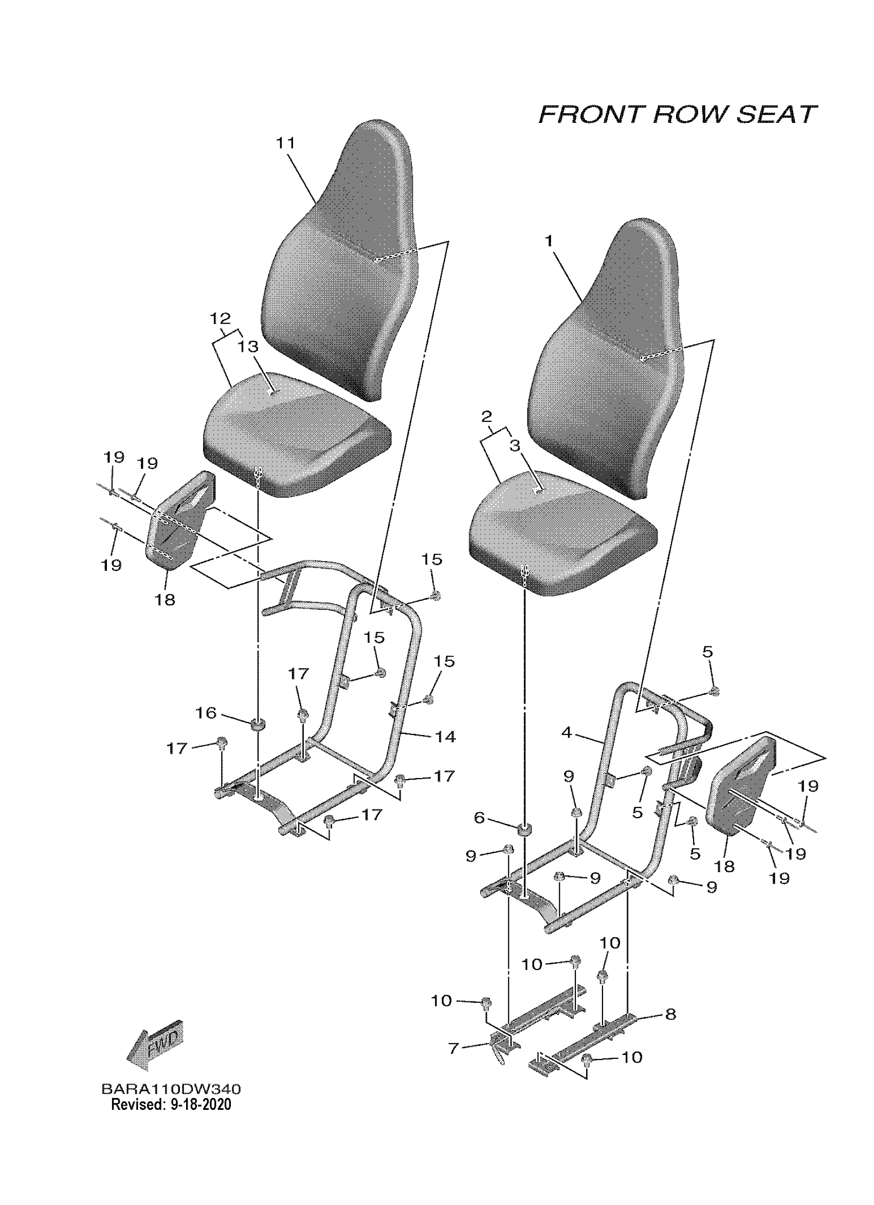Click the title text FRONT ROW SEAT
pyautogui.click(x=678, y=115)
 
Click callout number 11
pyautogui.click(x=286, y=143)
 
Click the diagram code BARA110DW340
pyautogui.click(x=171, y=1089)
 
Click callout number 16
pyautogui.click(x=207, y=712)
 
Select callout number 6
pyautogui.click(x=479, y=818)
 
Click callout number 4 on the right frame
pyautogui.click(x=567, y=733)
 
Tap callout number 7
pyautogui.click(x=453, y=1048)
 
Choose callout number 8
pyautogui.click(x=670, y=1014)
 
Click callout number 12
pyautogui.click(x=221, y=319)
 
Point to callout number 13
pyautogui.click(x=247, y=347)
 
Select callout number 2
pyautogui.click(x=487, y=417)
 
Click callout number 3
pyautogui.click(x=515, y=445)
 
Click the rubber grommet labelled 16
pyautogui.click(x=258, y=724)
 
